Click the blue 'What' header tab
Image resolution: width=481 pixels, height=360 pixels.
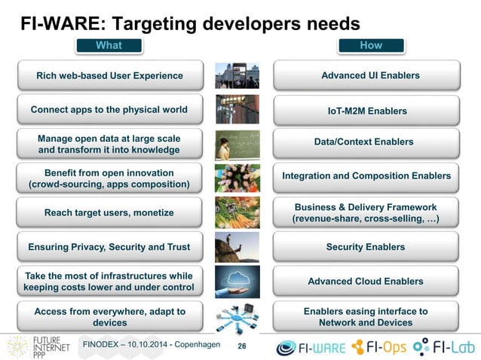click(109, 46)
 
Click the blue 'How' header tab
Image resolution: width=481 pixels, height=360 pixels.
click(370, 46)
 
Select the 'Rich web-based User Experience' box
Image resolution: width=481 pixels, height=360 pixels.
click(109, 75)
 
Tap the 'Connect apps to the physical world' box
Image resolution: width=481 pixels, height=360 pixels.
click(109, 110)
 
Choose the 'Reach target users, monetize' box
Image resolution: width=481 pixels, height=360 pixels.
click(109, 212)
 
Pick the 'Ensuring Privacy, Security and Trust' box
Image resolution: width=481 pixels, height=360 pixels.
click(109, 247)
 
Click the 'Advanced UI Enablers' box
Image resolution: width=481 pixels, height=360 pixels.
click(366, 75)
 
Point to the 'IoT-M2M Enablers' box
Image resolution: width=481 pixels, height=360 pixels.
click(366, 111)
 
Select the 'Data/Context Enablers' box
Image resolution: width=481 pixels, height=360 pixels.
click(366, 142)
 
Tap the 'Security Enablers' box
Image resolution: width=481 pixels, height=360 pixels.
click(366, 247)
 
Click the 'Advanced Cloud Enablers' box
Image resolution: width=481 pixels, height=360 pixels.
click(366, 282)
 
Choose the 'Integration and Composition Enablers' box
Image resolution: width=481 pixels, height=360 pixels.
click(366, 176)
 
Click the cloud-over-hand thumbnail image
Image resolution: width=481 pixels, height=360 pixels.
click(237, 282)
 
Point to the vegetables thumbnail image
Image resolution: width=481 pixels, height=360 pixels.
click(237, 212)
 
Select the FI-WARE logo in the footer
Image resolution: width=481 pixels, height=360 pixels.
click(311, 347)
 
